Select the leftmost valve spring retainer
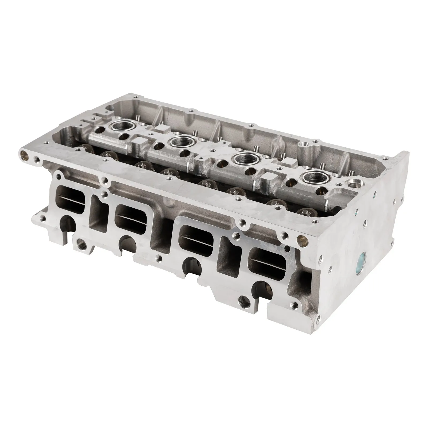tap(86, 147)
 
